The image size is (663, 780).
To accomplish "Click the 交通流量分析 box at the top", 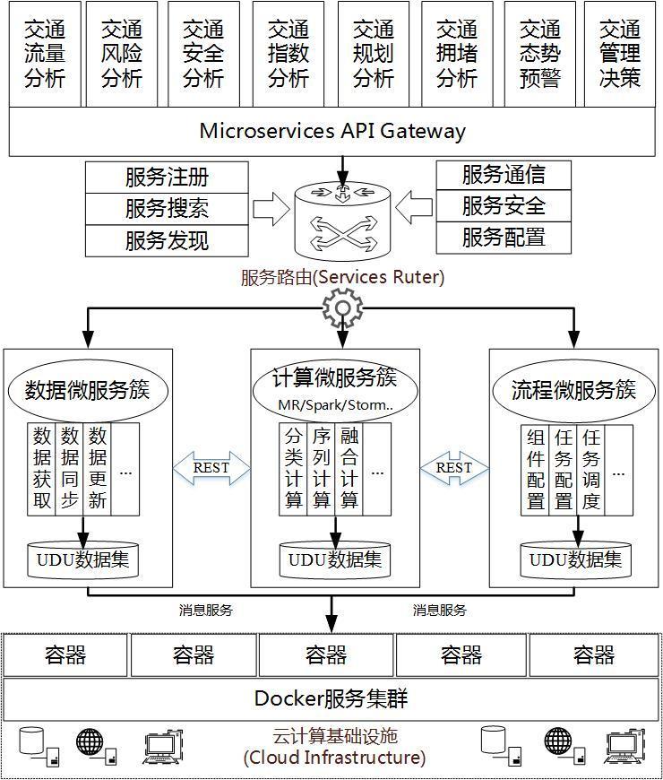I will coord(45,54).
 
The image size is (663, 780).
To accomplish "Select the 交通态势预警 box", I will coord(539,54).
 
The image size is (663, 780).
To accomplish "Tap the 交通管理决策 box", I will coord(620,54).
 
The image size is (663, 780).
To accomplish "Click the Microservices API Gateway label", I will coord(332,131).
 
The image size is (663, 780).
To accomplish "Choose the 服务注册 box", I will coord(167,177).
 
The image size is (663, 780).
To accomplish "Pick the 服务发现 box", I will coord(167,239).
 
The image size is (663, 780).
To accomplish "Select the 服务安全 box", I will coord(504,206).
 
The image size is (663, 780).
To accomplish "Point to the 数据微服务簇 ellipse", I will coord(87,392).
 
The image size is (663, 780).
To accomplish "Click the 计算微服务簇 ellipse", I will coord(335,388).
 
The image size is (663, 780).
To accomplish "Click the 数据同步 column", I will coord(70,468).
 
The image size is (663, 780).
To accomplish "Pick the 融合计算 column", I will coord(349,468).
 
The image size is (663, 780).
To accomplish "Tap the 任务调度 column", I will coord(591,468).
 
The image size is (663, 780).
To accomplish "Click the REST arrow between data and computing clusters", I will coord(211,467).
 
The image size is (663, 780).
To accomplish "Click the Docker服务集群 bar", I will coord(332,698).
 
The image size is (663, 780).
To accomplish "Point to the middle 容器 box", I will coord(326,655).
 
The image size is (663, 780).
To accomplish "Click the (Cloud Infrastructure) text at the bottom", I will coord(334,758).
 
